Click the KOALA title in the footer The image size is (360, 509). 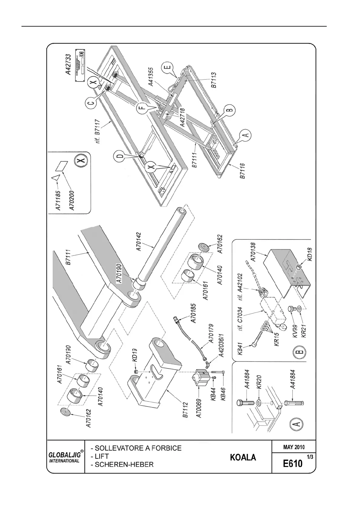(x=243, y=457)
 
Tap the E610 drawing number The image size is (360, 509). (x=293, y=463)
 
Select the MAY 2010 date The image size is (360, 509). (x=294, y=447)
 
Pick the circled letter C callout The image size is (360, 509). (x=92, y=103)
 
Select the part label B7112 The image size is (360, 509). (x=185, y=410)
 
